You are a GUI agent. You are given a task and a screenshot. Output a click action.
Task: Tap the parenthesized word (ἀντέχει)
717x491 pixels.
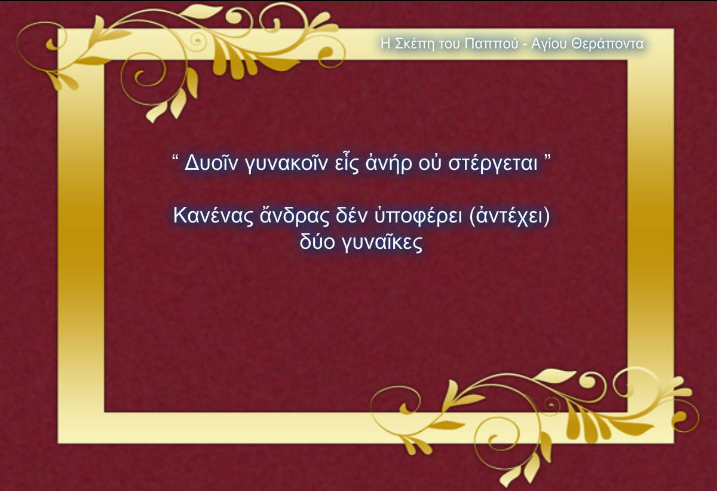pos(510,216)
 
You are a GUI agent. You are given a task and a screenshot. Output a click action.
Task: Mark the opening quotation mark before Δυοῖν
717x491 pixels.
pos(176,158)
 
